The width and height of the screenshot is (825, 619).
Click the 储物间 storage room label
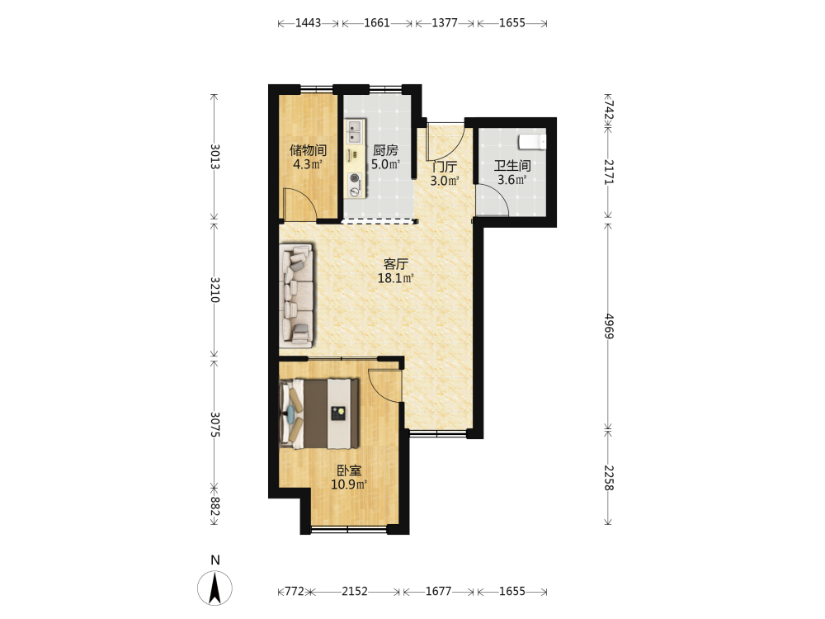(x=308, y=150)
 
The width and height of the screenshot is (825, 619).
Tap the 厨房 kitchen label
(x=385, y=150)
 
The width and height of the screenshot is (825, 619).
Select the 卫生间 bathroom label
(x=512, y=166)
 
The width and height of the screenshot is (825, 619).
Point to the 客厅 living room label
(x=396, y=264)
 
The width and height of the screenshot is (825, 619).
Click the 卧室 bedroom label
(x=349, y=470)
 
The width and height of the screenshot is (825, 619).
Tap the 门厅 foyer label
(x=445, y=167)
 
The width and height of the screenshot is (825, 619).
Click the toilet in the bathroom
(x=532, y=142)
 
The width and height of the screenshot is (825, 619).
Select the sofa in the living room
(x=296, y=295)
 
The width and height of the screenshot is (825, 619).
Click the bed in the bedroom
(x=319, y=413)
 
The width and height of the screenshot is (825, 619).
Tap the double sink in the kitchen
(x=354, y=131)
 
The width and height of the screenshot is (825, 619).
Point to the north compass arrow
(x=214, y=588)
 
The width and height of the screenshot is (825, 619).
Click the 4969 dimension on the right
(x=608, y=326)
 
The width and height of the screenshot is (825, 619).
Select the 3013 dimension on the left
(x=214, y=156)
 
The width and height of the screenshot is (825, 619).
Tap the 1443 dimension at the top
(x=308, y=22)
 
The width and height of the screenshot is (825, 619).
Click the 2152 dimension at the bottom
(x=355, y=591)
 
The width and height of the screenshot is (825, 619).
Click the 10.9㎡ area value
(x=349, y=484)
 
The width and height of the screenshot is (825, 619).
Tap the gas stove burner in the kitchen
(x=355, y=178)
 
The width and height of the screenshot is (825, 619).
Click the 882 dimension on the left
(x=214, y=506)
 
